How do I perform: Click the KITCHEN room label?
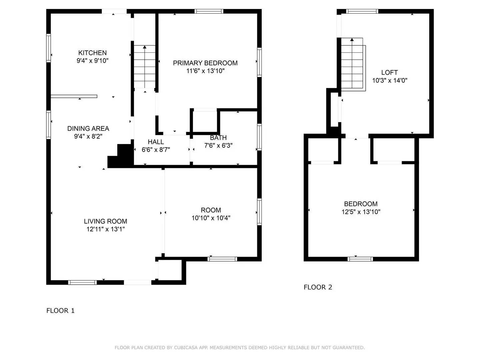tap(92, 53)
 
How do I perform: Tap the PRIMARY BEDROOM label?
tap(205, 63)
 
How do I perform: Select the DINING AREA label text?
tap(88, 128)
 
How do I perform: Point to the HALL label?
tap(156, 142)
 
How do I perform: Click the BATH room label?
tap(218, 138)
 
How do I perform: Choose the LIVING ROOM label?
tap(105, 221)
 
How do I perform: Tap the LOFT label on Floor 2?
tap(389, 72)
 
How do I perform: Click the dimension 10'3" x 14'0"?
tap(390, 80)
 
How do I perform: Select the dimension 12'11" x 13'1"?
tap(105, 229)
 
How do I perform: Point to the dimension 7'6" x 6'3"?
tap(218, 145)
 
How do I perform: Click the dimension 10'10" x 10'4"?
tap(211, 218)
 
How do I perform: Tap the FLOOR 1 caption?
tap(60, 311)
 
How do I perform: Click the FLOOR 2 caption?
tap(318, 287)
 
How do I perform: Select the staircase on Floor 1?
tap(145, 67)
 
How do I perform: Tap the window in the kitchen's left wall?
tap(49, 48)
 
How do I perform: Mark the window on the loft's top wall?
tap(362, 11)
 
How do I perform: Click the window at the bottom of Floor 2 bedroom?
tap(360, 259)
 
